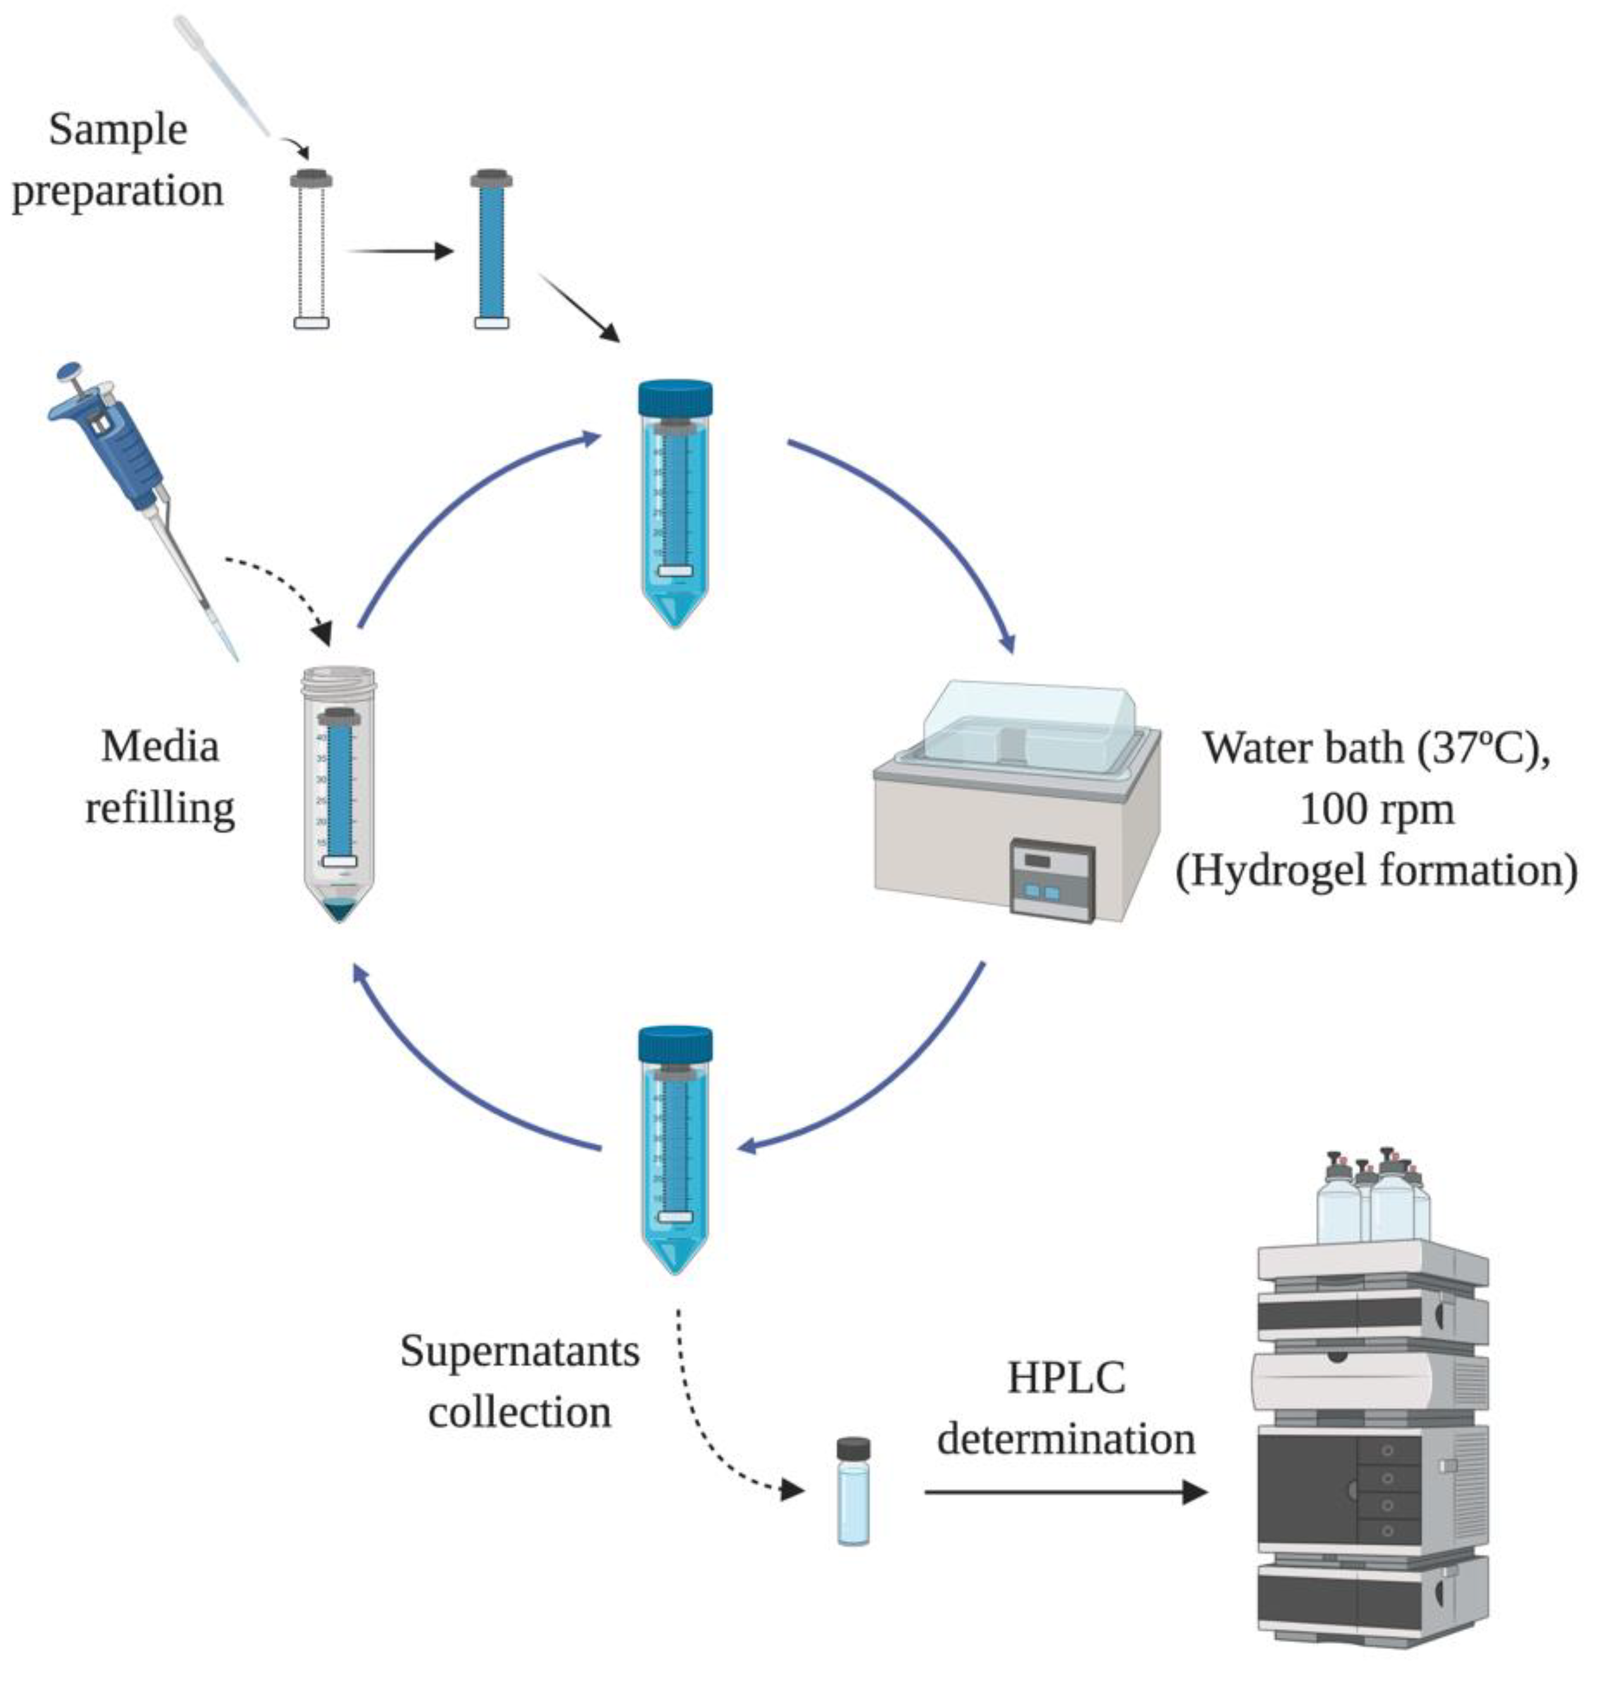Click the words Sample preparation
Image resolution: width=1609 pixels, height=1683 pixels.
click(117, 160)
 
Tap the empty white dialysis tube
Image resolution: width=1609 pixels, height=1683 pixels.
click(311, 254)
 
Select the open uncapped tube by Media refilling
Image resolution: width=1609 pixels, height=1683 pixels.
click(339, 793)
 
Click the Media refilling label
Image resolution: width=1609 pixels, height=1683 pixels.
click(160, 777)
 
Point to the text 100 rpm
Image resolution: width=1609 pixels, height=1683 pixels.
click(1377, 810)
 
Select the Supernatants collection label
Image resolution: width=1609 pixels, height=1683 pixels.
click(520, 1380)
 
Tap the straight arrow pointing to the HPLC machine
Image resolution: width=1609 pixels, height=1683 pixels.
click(1064, 1492)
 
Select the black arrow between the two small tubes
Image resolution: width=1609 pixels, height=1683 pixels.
click(399, 251)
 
